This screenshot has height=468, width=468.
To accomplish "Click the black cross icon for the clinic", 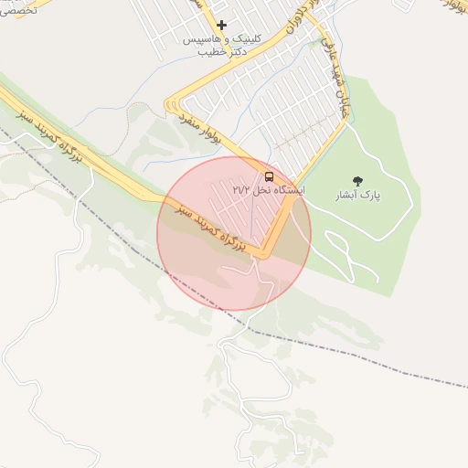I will click(x=220, y=25).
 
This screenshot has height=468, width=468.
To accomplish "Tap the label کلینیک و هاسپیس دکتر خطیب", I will click(x=220, y=46).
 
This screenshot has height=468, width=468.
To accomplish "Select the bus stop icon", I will click(x=269, y=175).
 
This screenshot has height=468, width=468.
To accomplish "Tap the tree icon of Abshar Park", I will click(x=356, y=181).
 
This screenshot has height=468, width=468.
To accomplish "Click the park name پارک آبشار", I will click(x=356, y=196).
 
